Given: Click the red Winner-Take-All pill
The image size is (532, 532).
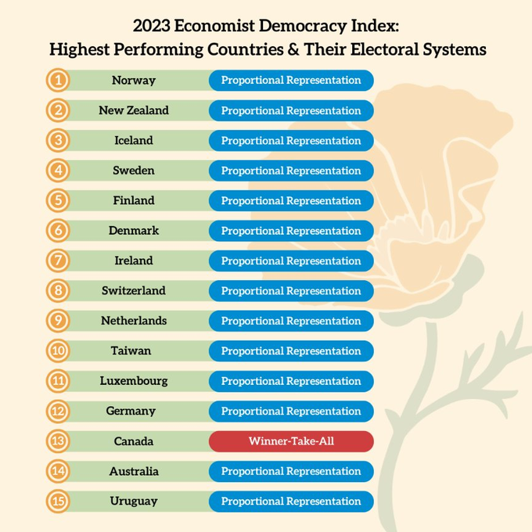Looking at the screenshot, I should (x=291, y=441).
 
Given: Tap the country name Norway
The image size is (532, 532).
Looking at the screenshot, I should (x=134, y=81).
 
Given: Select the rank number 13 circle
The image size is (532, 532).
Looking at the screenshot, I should (x=58, y=441).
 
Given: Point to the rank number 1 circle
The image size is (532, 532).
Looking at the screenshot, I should (x=58, y=81).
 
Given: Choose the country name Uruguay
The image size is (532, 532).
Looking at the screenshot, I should (x=134, y=501).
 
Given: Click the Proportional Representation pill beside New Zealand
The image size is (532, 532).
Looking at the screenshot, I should (x=291, y=110).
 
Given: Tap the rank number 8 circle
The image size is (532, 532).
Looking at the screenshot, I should (x=58, y=291).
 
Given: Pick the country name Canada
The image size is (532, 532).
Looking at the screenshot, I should (x=134, y=441).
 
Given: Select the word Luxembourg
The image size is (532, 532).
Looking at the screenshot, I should (x=134, y=381).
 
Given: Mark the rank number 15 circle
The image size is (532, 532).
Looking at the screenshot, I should (x=58, y=501).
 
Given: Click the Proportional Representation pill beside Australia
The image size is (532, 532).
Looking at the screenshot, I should (x=291, y=472).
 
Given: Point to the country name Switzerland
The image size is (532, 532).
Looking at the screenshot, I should (x=134, y=291).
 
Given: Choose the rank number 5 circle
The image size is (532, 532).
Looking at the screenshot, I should (x=58, y=201).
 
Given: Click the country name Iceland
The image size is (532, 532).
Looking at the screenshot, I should (x=134, y=141).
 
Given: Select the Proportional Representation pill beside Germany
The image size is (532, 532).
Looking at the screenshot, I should (x=291, y=412).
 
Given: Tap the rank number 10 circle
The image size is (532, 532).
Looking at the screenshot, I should (x=58, y=351).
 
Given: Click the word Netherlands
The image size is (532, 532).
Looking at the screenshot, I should (x=134, y=321).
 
